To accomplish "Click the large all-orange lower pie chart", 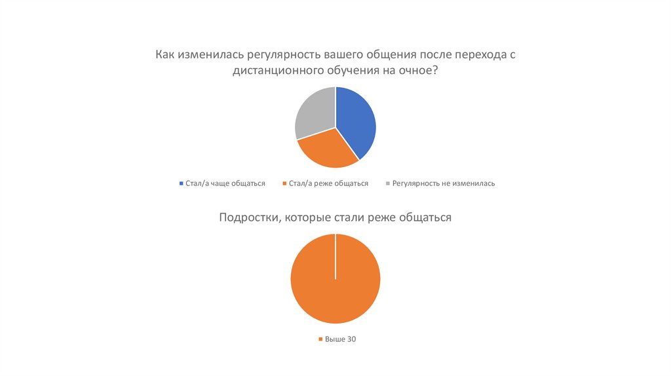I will [335, 278].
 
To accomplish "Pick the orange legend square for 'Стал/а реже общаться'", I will [284, 183].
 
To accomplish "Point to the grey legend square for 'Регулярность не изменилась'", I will [388, 183].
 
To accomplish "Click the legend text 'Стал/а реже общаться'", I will [328, 183].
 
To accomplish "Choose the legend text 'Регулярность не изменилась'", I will [444, 183].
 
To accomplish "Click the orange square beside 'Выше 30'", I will [321, 339].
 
